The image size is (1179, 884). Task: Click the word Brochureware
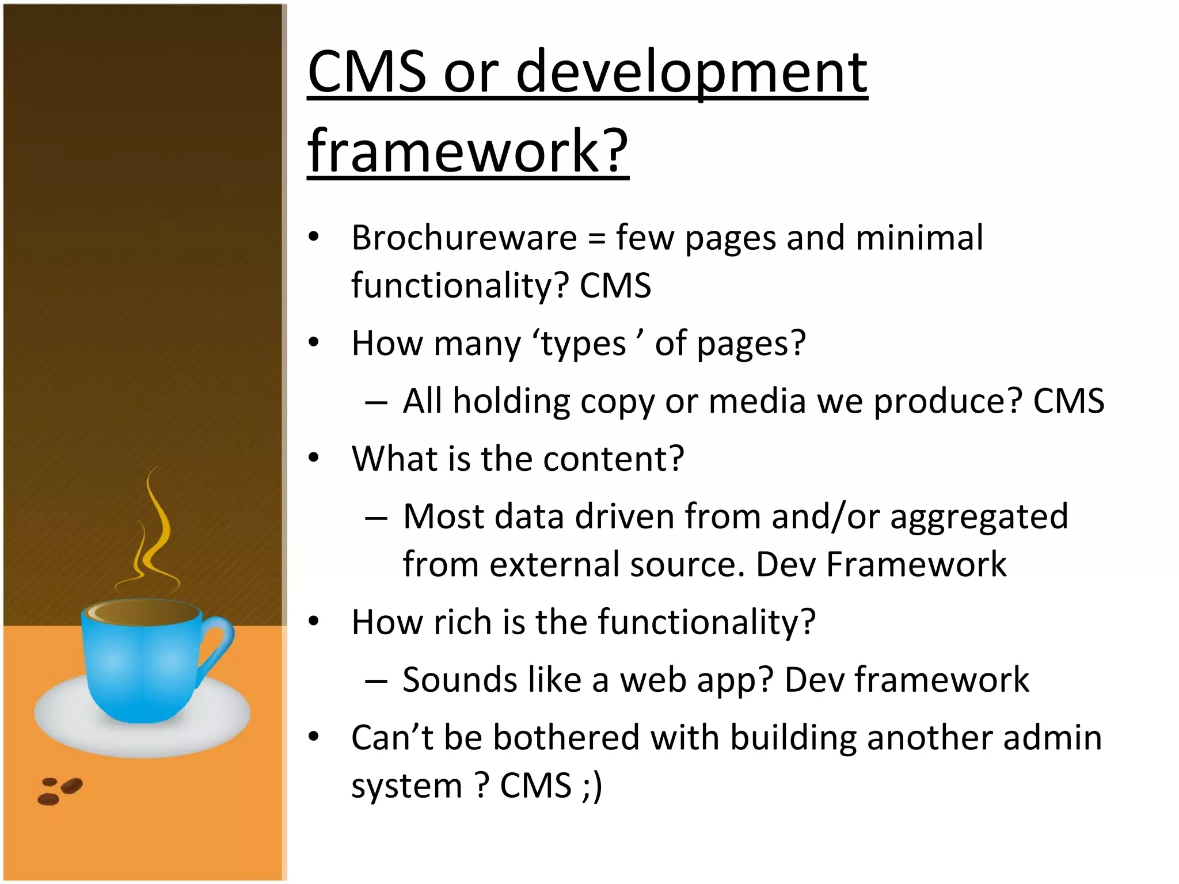coord(464,238)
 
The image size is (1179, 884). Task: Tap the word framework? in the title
coord(467,151)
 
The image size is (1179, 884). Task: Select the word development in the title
coord(691,73)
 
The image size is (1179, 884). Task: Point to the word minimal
coord(919,238)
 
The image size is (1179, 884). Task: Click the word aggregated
coord(979,517)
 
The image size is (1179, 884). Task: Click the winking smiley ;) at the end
coord(591,786)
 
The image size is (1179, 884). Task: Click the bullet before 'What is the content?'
coord(313,459)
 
